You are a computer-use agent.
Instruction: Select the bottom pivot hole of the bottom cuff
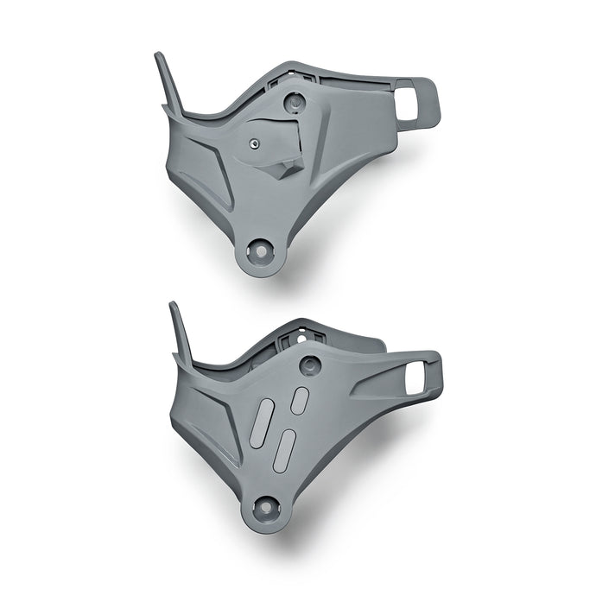click(x=263, y=506)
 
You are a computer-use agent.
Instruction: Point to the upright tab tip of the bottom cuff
click(x=173, y=306)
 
